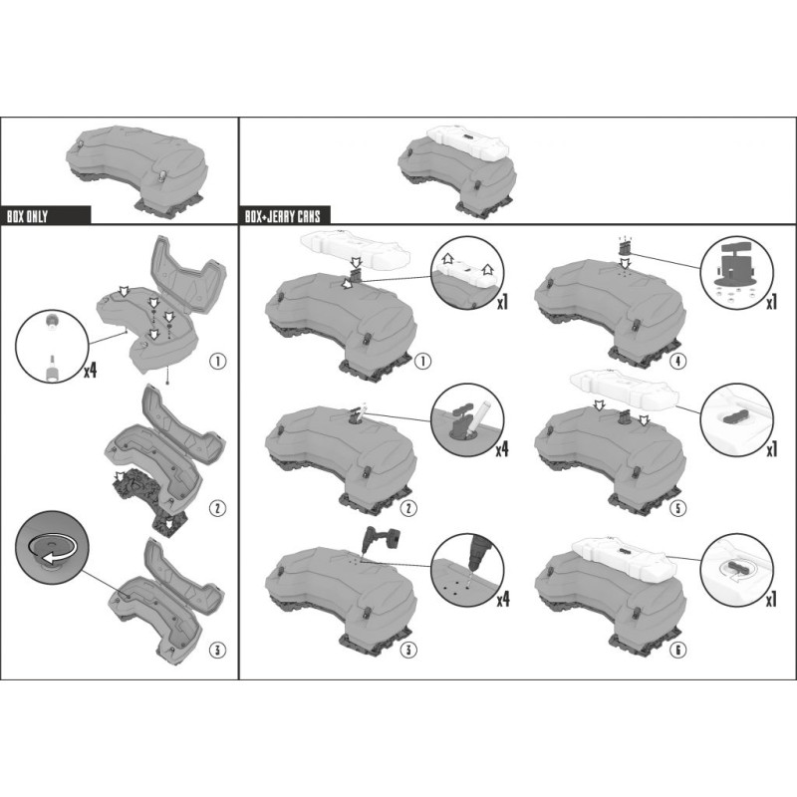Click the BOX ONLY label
click(x=27, y=217)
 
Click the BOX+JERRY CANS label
click(x=283, y=217)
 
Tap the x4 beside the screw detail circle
click(x=91, y=371)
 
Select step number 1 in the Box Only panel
click(x=217, y=362)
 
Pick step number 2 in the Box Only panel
click(x=217, y=508)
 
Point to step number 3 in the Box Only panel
click(x=217, y=650)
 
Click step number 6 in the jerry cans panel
click(x=678, y=650)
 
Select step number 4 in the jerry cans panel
click(x=678, y=362)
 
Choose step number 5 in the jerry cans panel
click(x=678, y=508)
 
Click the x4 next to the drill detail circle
click(x=503, y=601)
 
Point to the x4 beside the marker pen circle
click(x=502, y=449)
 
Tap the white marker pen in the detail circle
click(x=478, y=416)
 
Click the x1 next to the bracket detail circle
click(x=771, y=303)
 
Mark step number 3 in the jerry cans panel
click(x=408, y=650)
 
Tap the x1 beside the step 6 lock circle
click(x=771, y=601)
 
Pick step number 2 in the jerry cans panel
click(x=408, y=508)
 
